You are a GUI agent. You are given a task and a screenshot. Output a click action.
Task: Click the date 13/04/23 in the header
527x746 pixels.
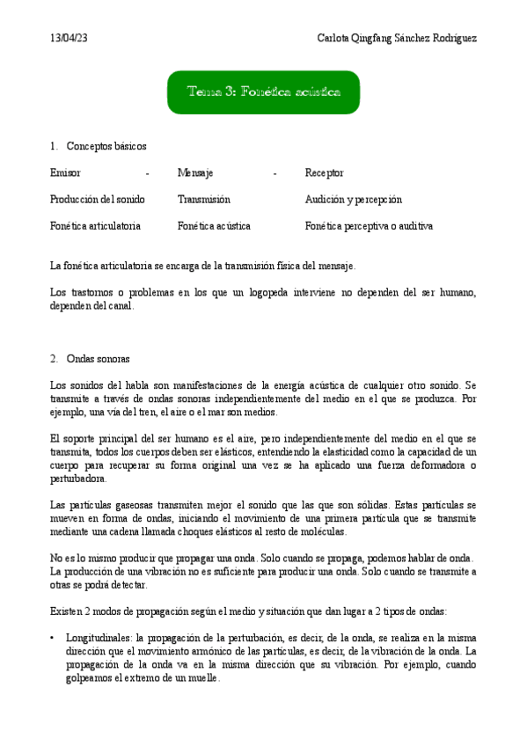pos(70,39)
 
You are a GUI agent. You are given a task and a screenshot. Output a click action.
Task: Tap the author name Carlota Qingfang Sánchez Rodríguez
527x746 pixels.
pos(396,39)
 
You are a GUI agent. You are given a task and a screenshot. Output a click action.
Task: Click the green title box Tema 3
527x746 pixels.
pos(263,91)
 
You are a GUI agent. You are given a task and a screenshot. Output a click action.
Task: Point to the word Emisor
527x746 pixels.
pos(66,173)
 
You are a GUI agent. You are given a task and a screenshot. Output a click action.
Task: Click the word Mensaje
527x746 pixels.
pos(195,173)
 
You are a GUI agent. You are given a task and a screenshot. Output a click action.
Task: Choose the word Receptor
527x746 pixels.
pos(324,173)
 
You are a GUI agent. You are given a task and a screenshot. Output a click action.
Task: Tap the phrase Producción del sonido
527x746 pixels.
pos(98,200)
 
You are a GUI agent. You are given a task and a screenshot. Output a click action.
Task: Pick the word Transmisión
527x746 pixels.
pos(203,200)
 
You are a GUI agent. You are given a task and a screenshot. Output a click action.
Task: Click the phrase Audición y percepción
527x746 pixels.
pos(353,200)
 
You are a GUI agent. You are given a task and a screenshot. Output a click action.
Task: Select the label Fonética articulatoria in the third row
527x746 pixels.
pos(95,226)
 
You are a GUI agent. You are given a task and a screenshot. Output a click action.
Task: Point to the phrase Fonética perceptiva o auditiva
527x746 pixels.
pos(369,226)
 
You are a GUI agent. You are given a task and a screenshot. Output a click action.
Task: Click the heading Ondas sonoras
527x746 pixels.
pos(98,359)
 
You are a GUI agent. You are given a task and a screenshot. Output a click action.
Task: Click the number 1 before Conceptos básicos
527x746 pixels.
pos(54,146)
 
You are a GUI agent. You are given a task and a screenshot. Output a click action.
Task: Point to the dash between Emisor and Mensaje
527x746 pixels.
pos(147,173)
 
